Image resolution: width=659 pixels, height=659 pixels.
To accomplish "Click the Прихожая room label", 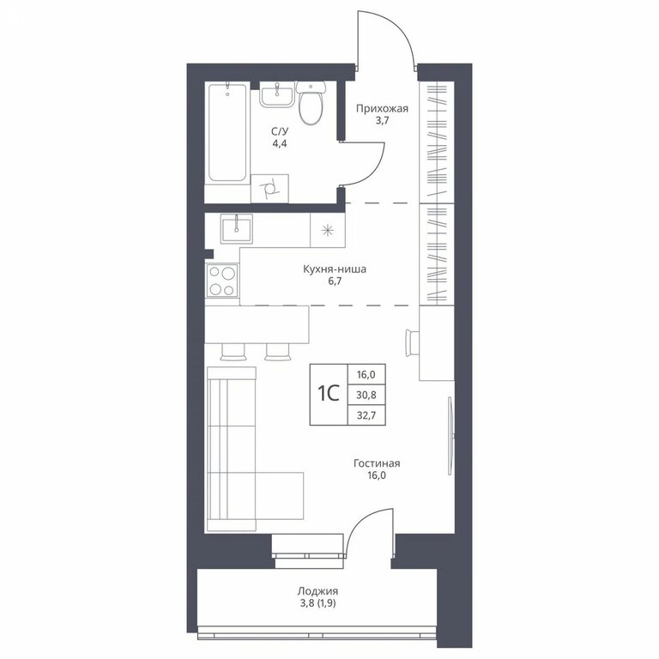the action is [382, 109].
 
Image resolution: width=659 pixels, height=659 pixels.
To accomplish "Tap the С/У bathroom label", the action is [280, 131].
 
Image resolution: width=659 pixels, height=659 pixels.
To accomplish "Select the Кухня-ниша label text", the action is [335, 269].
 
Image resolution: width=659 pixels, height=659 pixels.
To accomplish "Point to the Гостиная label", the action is [377, 463].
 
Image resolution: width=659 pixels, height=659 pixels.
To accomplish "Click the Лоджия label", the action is [317, 591].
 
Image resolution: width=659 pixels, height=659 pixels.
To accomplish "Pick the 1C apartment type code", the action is [329, 394].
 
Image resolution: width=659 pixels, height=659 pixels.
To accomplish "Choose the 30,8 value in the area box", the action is [366, 395].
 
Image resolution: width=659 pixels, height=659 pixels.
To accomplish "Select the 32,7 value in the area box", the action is [366, 415].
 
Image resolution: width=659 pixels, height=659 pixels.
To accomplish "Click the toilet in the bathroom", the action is [311, 103].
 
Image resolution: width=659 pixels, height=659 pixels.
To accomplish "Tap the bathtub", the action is [227, 133].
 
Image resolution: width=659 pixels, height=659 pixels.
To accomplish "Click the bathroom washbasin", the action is [275, 94].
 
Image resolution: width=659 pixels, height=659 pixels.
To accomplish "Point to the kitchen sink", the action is [237, 228].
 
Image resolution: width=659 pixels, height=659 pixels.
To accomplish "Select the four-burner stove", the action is [222, 281].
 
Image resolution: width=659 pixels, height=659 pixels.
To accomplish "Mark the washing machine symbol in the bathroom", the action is [269, 189].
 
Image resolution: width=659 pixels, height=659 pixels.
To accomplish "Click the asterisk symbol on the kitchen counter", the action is [328, 230].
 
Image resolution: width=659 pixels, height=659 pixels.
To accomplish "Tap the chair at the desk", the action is [412, 343].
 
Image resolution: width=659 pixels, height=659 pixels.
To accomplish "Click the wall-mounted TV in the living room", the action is [450, 436].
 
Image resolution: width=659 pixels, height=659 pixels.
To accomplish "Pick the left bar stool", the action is [233, 352].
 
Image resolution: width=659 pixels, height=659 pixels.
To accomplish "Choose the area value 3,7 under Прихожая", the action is [382, 121].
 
